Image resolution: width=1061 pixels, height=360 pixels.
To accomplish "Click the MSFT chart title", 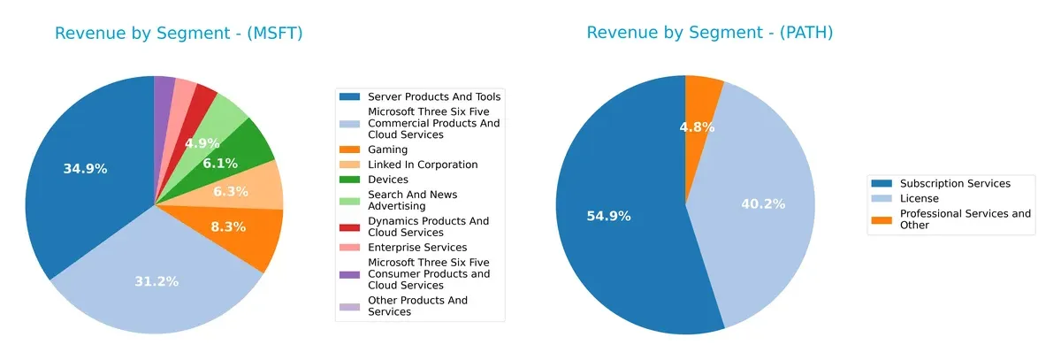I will pos(179,34).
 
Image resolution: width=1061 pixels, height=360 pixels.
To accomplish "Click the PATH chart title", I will pos(709,34).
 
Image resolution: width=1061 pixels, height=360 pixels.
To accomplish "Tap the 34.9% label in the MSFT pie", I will pos(85,169).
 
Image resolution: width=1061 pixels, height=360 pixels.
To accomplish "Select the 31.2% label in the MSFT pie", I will pos(156,281).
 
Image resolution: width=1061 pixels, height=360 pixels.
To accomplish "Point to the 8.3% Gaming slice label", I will pos(229,226).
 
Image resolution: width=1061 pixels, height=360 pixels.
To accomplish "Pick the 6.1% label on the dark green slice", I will pos(220,164).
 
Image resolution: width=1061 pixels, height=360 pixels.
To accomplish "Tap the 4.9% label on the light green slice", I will pos(202,143).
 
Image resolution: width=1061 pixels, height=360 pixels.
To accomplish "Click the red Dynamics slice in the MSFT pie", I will pos(205,95).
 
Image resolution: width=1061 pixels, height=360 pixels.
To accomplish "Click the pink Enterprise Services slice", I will pos(184,88).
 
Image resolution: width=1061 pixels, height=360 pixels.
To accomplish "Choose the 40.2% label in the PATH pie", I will pos(763,204).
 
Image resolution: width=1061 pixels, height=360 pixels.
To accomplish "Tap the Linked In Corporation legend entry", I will pos(422,165).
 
